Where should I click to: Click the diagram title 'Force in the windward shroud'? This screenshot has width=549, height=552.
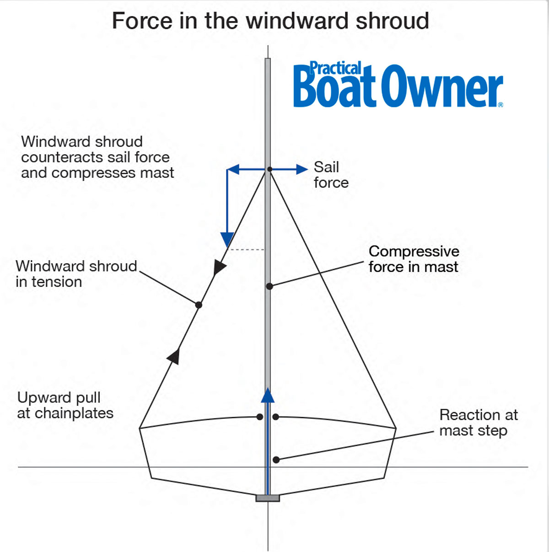pos(270,21)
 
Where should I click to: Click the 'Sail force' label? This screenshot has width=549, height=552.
pos(330,175)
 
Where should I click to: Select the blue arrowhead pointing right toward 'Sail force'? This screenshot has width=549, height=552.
pos(302,169)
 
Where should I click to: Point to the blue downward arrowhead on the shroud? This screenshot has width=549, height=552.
pos(227,239)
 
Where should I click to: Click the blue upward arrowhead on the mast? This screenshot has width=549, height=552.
pos(268,395)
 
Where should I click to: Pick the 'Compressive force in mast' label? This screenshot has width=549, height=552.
pos(414,259)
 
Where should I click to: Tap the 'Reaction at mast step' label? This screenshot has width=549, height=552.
pos(478,423)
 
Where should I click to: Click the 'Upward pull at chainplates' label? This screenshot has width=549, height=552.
pos(65,405)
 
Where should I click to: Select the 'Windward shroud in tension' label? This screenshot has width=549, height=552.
pos(76,273)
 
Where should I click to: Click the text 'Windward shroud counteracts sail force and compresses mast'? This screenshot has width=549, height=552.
pos(97,157)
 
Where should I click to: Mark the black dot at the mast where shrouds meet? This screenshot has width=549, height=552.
pos(269,169)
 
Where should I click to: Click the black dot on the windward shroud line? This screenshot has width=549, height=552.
pos(199,305)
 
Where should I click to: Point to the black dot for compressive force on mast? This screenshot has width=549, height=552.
pos(269,286)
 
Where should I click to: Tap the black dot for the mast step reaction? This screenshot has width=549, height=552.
pos(276,460)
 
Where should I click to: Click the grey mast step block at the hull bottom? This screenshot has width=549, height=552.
pos(268,498)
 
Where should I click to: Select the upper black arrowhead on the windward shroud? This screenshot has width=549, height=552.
pos(220,267)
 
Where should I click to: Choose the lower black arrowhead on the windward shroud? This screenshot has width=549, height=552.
pos(174,355)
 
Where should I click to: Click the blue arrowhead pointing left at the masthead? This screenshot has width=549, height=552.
pos(233,170)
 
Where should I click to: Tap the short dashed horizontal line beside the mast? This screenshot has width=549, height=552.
pos(247,250)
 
